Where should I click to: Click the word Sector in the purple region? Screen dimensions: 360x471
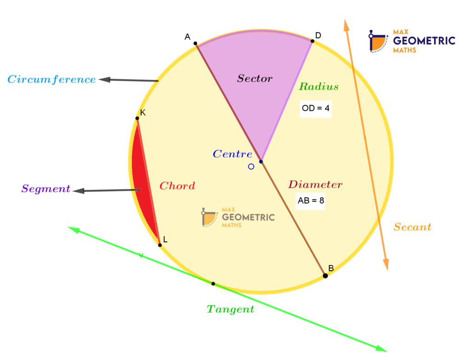pyautogui.click(x=255, y=79)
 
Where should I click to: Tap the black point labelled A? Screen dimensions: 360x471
pyautogui.click(x=195, y=44)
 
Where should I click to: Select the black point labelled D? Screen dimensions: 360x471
pyautogui.click(x=312, y=41)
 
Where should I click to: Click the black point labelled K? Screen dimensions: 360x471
pyautogui.click(x=137, y=119)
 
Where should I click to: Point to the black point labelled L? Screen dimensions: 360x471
pyautogui.click(x=160, y=245)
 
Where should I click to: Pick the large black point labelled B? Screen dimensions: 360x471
pyautogui.click(x=325, y=276)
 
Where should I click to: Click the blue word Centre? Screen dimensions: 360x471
pyautogui.click(x=232, y=154)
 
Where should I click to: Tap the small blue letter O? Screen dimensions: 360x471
pyautogui.click(x=251, y=166)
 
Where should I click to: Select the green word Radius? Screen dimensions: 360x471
pyautogui.click(x=319, y=86)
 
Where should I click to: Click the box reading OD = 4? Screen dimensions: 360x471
pyautogui.click(x=316, y=109)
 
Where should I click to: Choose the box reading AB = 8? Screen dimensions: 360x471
pyautogui.click(x=310, y=200)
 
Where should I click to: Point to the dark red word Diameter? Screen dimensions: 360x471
pyautogui.click(x=315, y=185)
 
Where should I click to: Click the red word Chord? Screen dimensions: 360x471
pyautogui.click(x=177, y=186)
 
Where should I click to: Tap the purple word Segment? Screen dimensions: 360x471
pyautogui.click(x=46, y=189)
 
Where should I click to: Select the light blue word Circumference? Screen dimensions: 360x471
pyautogui.click(x=52, y=80)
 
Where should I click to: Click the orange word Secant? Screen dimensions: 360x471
pyautogui.click(x=412, y=227)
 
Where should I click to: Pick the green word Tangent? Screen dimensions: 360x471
pyautogui.click(x=230, y=309)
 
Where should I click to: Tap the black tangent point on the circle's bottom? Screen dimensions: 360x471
pyautogui.click(x=213, y=284)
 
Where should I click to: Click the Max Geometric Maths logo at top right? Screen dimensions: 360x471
pyautogui.click(x=412, y=41)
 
